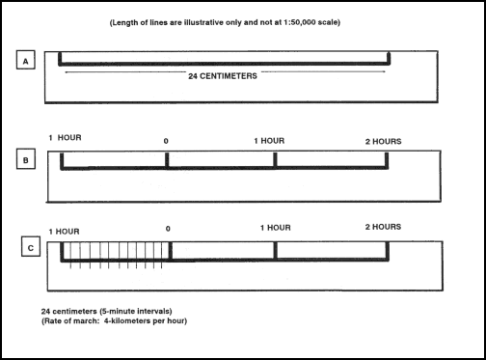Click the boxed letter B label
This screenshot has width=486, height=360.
tap(27, 155)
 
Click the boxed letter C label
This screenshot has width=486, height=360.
tap(27, 248)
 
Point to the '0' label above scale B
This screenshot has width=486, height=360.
tap(166, 141)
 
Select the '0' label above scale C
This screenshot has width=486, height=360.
tap(169, 230)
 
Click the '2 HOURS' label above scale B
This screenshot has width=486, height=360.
tap(384, 141)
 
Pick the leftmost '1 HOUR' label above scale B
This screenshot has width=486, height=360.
tap(65, 138)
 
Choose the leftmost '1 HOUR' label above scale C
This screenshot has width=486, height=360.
tap(63, 232)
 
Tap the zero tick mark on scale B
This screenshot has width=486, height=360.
tap(167, 160)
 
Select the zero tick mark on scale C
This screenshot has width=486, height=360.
tap(170, 251)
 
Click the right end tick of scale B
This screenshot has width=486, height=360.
tap(388, 160)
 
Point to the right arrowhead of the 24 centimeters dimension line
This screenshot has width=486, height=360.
tap(385, 70)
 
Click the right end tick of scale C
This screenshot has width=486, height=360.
tap(388, 251)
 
